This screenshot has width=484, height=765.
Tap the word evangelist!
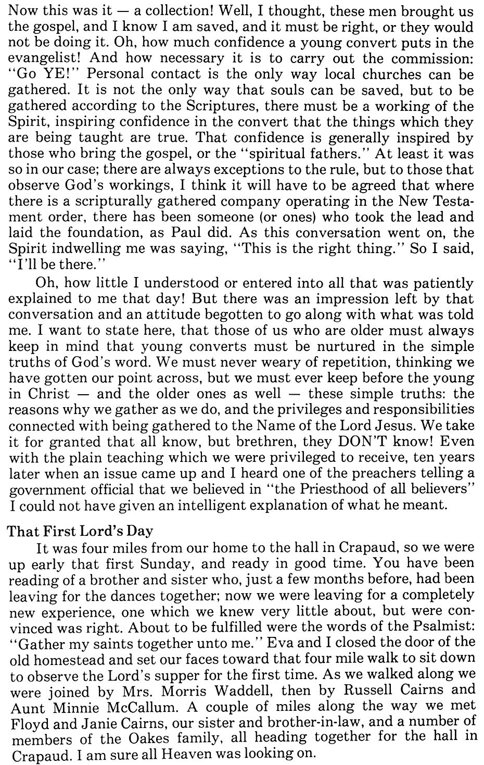click(x=44, y=58)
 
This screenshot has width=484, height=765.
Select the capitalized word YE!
click(x=57, y=74)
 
